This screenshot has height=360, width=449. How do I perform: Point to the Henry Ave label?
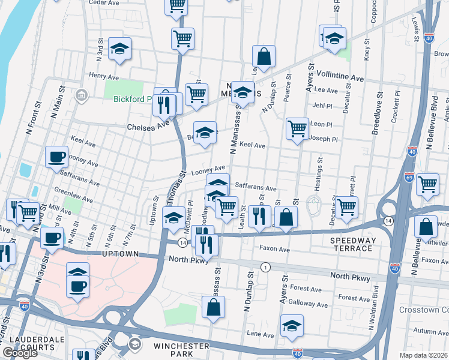click(x=104, y=77)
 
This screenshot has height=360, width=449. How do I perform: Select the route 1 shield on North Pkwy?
click(x=264, y=266)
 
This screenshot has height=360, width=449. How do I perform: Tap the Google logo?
click(x=19, y=353)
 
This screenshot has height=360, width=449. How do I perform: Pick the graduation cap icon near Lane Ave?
click(x=292, y=326)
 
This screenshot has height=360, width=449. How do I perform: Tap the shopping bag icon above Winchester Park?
click(x=213, y=307)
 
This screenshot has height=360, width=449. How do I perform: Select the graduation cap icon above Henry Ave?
click(x=120, y=50)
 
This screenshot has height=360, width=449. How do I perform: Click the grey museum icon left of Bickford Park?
click(x=82, y=95)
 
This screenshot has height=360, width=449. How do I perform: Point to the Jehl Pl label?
click(x=322, y=105)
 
